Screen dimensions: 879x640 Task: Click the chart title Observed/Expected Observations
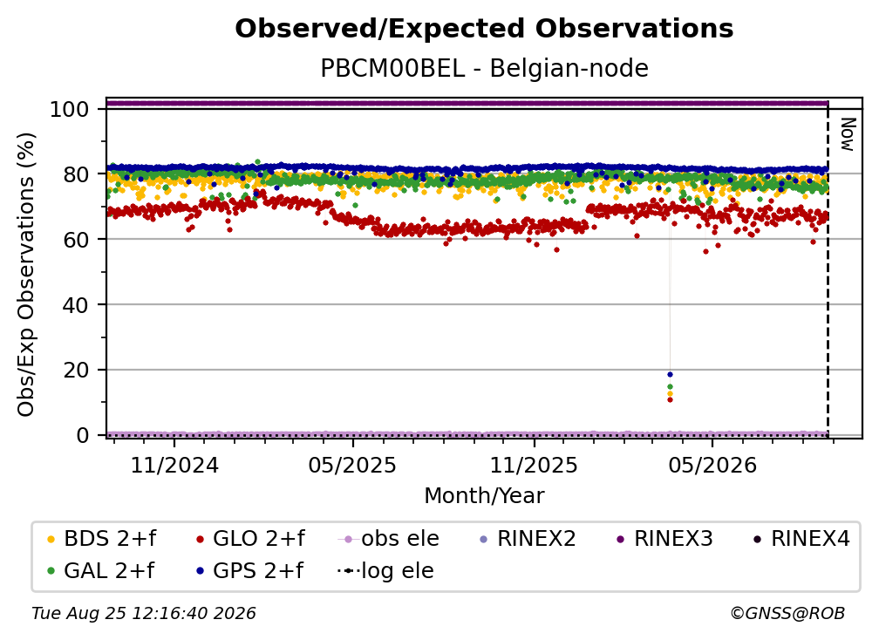(484, 29)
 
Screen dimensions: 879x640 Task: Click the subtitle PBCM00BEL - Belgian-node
(484, 68)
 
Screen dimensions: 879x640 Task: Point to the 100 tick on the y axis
(70, 109)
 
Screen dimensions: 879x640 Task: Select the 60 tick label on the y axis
(76, 239)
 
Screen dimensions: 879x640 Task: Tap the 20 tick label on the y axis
(76, 370)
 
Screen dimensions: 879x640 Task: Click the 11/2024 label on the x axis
(174, 466)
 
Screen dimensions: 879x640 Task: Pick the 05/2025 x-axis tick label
(352, 466)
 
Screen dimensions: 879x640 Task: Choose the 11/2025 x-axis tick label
(534, 466)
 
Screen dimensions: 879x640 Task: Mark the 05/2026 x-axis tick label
(712, 466)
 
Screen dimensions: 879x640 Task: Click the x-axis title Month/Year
(484, 496)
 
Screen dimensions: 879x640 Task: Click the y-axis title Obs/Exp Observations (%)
(26, 275)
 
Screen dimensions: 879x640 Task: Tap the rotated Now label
(848, 134)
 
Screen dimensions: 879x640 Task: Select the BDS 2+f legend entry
(103, 539)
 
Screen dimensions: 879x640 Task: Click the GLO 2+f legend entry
(251, 539)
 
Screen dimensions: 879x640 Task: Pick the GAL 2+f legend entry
(101, 570)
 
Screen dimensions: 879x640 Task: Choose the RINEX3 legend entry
(664, 539)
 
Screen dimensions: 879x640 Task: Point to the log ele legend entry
(385, 570)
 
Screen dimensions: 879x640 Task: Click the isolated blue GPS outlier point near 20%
(670, 374)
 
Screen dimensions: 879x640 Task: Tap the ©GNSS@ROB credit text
(787, 614)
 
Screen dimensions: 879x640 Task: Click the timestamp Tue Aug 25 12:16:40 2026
(144, 614)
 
